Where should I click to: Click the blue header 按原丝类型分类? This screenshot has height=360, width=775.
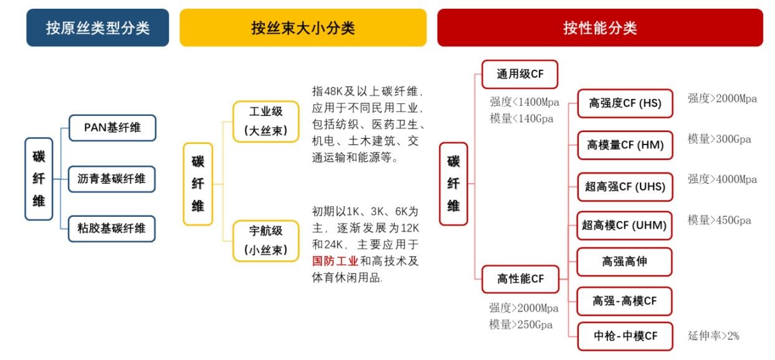point(98,27)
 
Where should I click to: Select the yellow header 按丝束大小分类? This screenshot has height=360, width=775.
point(303,27)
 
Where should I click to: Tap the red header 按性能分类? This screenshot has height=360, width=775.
point(600,27)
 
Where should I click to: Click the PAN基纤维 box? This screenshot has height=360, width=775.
point(112,128)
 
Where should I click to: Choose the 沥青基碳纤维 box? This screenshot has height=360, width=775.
point(112,179)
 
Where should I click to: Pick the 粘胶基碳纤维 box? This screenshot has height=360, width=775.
point(112,229)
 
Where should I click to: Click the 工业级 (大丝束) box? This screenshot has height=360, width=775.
point(266,121)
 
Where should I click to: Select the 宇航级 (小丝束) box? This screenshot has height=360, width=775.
point(266,240)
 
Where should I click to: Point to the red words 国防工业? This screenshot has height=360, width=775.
point(335,261)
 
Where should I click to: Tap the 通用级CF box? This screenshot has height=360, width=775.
point(520,74)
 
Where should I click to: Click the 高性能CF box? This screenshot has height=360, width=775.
point(520,279)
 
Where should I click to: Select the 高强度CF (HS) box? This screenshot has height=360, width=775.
point(625,103)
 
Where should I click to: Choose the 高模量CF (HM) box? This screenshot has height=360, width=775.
point(625,145)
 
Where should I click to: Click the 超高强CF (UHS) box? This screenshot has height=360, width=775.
point(625,187)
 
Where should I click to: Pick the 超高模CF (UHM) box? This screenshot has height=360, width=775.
point(624,225)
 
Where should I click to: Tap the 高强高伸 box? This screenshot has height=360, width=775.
point(624,262)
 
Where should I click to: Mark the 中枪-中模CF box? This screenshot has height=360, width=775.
point(625,336)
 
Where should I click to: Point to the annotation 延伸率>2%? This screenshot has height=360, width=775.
point(713,336)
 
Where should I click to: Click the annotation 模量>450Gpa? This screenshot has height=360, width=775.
point(720,220)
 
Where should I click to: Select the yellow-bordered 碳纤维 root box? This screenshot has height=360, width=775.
point(198,184)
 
